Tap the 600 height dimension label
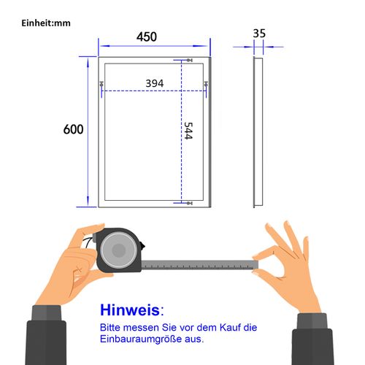tap(74, 129)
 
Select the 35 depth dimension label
tap(259, 34)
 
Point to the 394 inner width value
tap(154, 83)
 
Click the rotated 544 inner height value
tap(188, 132)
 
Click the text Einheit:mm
tap(45, 23)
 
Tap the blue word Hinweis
tap(128, 310)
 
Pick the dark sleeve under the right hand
tap(321, 339)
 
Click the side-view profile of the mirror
tap(258, 131)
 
